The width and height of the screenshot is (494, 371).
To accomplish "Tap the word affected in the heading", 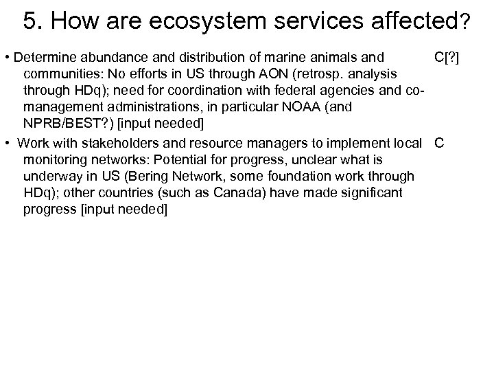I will tap(410, 20).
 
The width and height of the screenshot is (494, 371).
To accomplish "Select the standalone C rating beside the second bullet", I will tap(440, 143).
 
